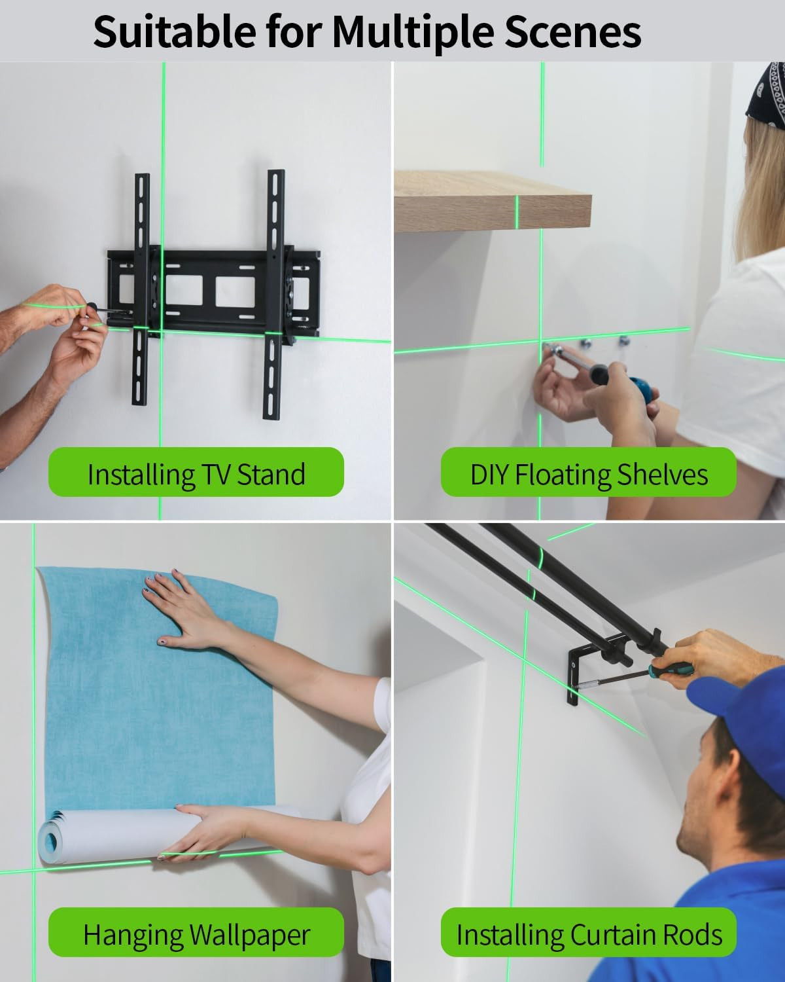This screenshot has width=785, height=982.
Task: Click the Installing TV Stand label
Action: pos(196,473)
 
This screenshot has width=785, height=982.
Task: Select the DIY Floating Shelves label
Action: pos(588,473)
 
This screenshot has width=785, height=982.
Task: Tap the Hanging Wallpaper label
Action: pos(196,934)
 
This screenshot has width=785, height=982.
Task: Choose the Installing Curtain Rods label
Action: pos(588,934)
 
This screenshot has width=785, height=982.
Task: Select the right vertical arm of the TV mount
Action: pos(274,295)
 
